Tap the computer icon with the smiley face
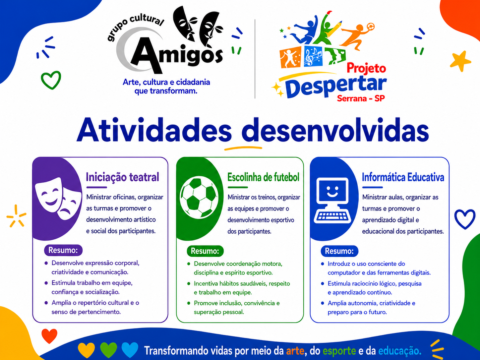coord(332,201)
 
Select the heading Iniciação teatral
coord(122,177)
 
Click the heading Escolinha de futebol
coord(263,177)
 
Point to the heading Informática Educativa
coord(403,177)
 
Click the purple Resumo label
coord(63,250)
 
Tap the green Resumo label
coord(205,251)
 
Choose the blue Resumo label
coord(339,251)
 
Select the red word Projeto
coord(366,68)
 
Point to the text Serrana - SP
coord(361,98)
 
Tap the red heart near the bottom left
coord(49,336)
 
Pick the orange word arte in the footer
coord(295,351)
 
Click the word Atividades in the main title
coord(154,130)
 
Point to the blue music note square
coord(313,56)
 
